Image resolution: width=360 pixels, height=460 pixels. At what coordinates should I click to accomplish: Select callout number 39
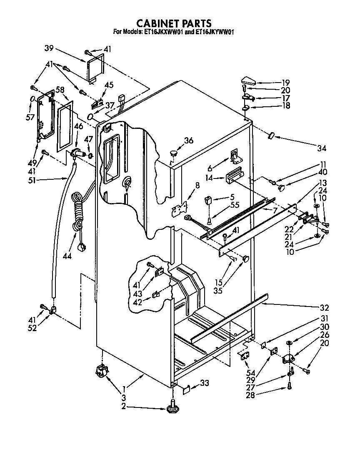coord(50,48)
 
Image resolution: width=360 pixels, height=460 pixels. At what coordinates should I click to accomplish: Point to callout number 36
coord(189,141)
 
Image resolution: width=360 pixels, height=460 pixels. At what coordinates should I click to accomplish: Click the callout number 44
coord(66,256)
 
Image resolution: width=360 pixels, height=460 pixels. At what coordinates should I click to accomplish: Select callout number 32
coord(325,308)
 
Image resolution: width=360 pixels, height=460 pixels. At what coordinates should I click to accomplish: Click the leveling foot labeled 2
coord(172,409)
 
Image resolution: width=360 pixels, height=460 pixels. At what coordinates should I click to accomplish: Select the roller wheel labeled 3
coord(101,370)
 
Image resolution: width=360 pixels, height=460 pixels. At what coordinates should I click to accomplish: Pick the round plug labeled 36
coord(173,154)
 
